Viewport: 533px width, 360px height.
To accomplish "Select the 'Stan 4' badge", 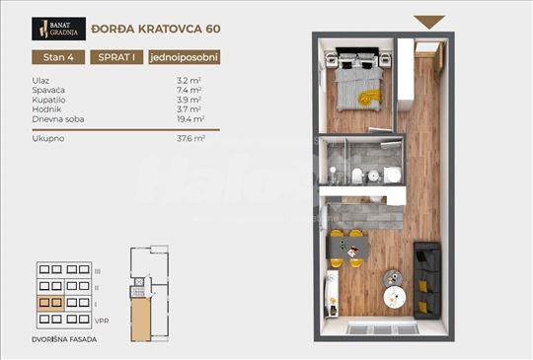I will click(57, 56).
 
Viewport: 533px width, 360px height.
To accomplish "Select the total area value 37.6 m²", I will click(190, 139).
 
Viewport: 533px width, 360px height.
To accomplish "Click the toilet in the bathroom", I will click(357, 177).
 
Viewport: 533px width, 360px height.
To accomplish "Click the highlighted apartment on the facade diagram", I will click(50, 304).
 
